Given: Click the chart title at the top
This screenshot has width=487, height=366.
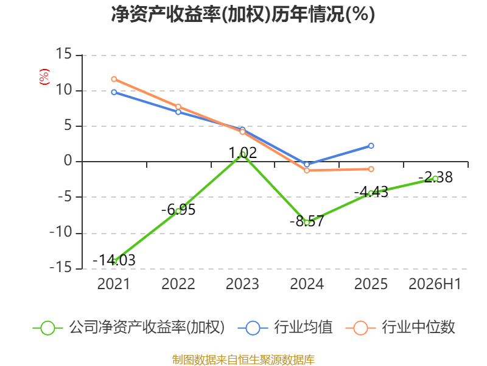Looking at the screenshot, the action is pyautogui.click(x=243, y=14).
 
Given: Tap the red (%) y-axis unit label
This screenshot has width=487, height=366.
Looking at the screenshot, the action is pyautogui.click(x=44, y=77).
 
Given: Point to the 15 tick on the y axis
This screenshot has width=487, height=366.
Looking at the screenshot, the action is pyautogui.click(x=64, y=54).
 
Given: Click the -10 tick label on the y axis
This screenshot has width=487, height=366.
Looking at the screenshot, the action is pyautogui.click(x=61, y=232).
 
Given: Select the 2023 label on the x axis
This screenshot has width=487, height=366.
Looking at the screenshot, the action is pyautogui.click(x=242, y=284).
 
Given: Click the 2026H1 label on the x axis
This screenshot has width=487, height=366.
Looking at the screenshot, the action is pyautogui.click(x=435, y=284).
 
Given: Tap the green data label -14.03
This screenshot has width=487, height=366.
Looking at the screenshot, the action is pyautogui.click(x=114, y=260).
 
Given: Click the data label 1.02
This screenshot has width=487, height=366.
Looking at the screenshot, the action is pyautogui.click(x=242, y=153).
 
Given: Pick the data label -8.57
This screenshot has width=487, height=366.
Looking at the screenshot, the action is pyautogui.click(x=307, y=221).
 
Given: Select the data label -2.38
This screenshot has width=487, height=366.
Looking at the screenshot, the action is pyautogui.click(x=435, y=178).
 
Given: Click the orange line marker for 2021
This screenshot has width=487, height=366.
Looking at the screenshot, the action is pyautogui.click(x=114, y=79).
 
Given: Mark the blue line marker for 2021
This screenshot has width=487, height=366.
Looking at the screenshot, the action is pyautogui.click(x=114, y=92).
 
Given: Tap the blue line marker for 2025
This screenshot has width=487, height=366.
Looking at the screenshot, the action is pyautogui.click(x=371, y=146).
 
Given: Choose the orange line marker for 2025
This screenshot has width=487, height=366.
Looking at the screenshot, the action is pyautogui.click(x=371, y=169).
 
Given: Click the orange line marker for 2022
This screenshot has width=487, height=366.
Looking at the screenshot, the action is pyautogui.click(x=178, y=107).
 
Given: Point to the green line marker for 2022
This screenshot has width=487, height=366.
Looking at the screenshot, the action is pyautogui.click(x=178, y=211).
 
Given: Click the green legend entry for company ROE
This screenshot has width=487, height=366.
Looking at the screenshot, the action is pyautogui.click(x=128, y=328).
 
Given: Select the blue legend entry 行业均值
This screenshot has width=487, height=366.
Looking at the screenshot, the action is pyautogui.click(x=285, y=328).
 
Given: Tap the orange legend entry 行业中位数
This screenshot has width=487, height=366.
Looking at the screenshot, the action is pyautogui.click(x=400, y=328).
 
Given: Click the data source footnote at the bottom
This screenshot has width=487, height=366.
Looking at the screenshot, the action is pyautogui.click(x=243, y=360).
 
